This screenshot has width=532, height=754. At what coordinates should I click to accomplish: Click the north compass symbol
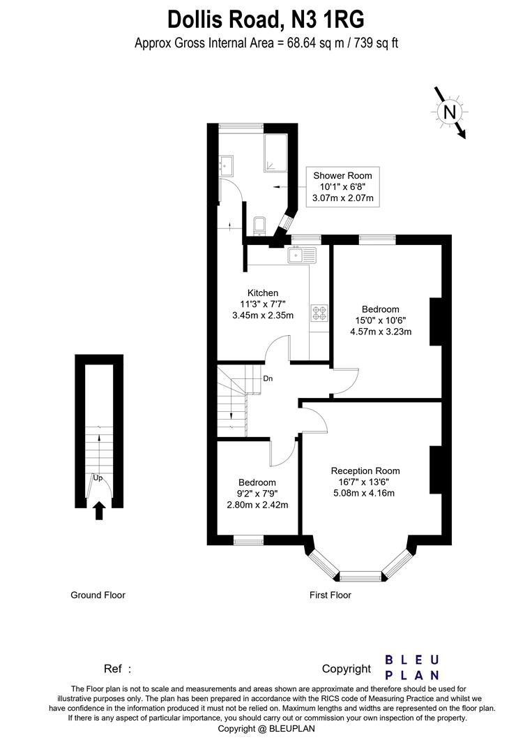[450, 112]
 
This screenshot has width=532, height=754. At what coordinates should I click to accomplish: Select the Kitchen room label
[263, 293]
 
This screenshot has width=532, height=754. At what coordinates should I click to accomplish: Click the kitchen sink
[301, 255]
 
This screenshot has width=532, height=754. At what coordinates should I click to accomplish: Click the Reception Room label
[365, 471]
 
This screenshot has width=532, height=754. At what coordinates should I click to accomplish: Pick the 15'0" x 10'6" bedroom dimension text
[380, 320]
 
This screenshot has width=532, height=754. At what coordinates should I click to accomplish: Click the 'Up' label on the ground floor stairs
[98, 478]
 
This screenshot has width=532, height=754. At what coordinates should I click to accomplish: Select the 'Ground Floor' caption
[98, 596]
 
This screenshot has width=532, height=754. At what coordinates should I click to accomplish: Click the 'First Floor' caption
[330, 596]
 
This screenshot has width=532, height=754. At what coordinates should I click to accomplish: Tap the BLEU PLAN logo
[412, 667]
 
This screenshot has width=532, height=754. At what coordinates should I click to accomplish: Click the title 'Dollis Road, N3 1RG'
[266, 18]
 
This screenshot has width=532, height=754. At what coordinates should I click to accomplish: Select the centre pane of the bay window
[361, 576]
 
